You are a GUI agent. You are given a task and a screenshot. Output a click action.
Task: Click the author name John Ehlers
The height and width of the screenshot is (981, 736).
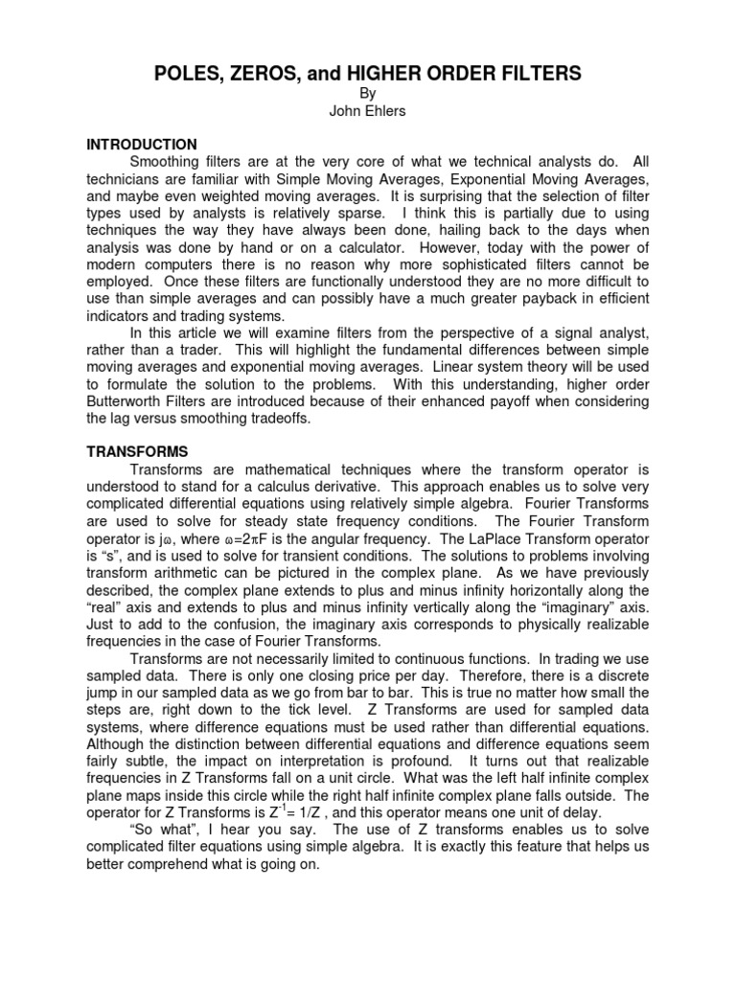[x=369, y=111]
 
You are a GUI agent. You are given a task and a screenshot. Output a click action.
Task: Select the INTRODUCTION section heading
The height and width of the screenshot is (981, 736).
[x=142, y=145]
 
